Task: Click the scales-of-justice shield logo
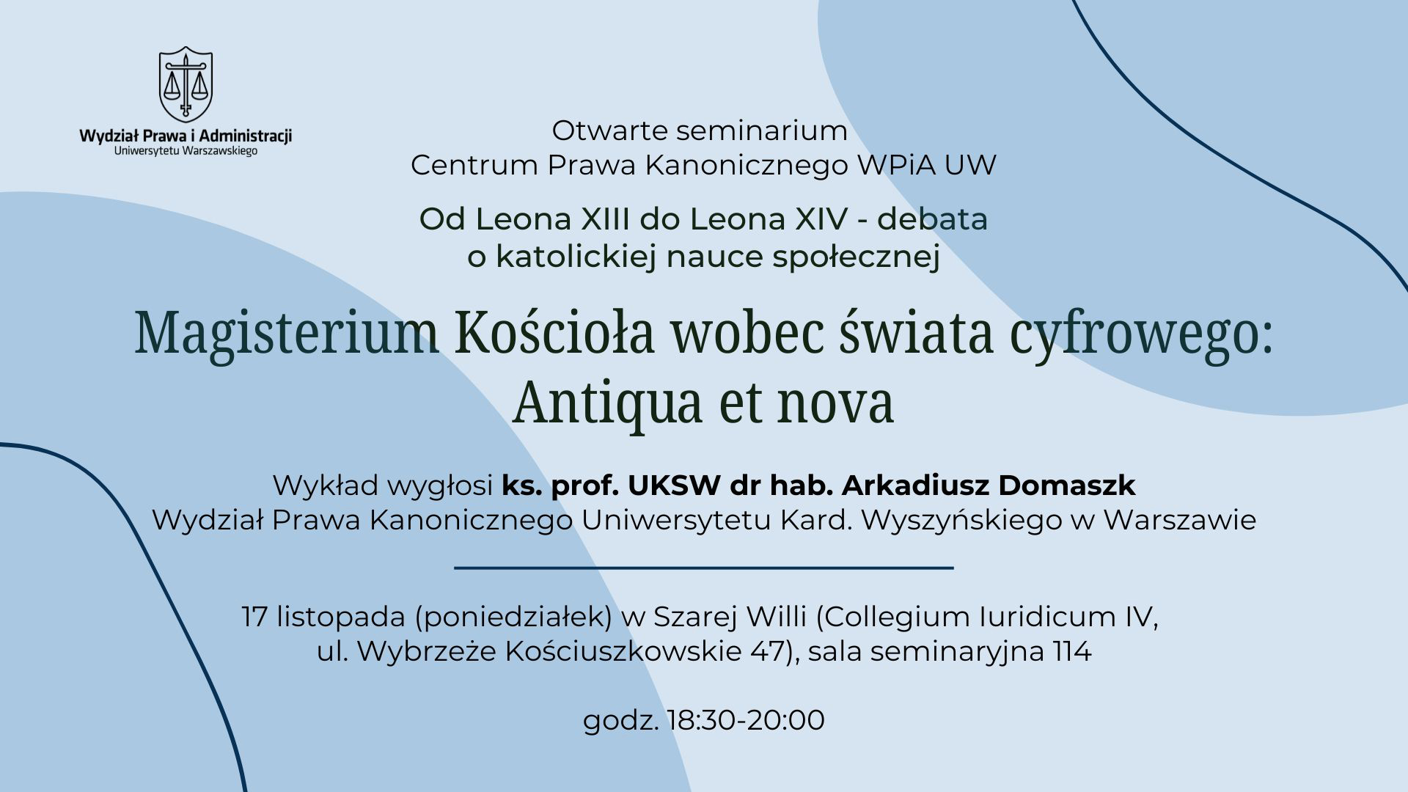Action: pyautogui.click(x=186, y=84)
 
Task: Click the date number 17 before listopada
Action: pyautogui.click(x=255, y=617)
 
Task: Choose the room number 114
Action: pyautogui.click(x=1072, y=651)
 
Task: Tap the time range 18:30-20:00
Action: pyautogui.click(x=746, y=720)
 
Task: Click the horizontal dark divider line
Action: pyautogui.click(x=704, y=568)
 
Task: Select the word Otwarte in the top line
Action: pyautogui.click(x=610, y=131)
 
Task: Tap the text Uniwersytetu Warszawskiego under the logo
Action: pyautogui.click(x=186, y=150)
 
